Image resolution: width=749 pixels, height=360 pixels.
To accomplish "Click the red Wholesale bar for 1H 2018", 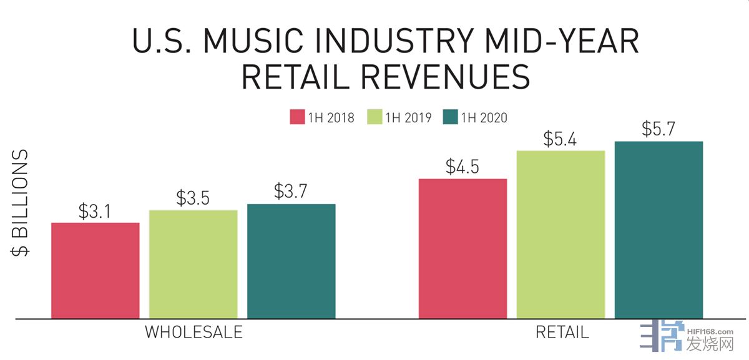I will [x=95, y=270].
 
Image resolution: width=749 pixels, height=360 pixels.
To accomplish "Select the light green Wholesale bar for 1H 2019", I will [x=193, y=264].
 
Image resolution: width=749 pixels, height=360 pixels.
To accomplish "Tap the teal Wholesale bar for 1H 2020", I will [x=291, y=261].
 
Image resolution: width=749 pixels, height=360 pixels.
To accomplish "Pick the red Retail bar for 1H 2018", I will [x=463, y=248].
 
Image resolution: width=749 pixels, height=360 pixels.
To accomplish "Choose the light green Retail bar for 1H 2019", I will [x=561, y=235].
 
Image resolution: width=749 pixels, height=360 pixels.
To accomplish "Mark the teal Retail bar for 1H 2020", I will [x=658, y=230].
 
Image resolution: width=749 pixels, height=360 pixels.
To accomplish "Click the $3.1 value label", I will [x=95, y=211].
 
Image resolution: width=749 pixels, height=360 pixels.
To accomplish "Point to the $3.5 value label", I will [x=193, y=198].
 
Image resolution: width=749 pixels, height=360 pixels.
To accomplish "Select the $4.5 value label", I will [x=463, y=167].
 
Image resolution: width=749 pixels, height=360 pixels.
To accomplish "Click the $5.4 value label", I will [x=561, y=139].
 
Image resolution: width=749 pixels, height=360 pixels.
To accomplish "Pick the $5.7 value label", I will [x=658, y=129].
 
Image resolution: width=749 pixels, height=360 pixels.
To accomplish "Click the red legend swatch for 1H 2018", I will [x=296, y=117].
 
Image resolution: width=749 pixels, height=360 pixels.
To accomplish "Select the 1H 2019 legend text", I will [x=408, y=117].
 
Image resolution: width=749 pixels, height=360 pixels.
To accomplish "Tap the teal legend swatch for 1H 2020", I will [x=450, y=117].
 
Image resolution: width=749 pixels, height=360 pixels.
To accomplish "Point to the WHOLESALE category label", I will [x=193, y=332].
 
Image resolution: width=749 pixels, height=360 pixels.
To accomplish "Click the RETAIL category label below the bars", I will [x=562, y=332].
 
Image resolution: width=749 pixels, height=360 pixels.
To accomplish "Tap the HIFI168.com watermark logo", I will [x=687, y=337].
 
